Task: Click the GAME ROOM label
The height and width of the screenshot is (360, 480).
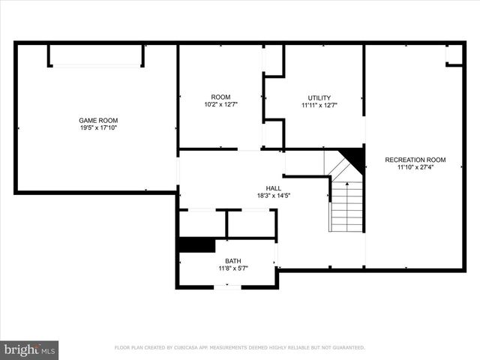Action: [x=98, y=120]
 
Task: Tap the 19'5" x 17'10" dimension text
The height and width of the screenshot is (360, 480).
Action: [x=98, y=127]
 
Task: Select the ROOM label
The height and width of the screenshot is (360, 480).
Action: [x=220, y=97]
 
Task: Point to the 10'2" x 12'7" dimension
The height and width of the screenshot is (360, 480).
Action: [x=220, y=104]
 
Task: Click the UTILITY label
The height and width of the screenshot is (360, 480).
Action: [x=319, y=97]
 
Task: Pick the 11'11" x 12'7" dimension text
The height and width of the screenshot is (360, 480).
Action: [x=319, y=105]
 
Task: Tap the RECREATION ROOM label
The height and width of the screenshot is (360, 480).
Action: [x=415, y=160]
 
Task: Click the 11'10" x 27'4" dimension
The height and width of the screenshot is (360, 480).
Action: [x=415, y=167]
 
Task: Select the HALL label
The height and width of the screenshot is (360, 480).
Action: [x=274, y=188]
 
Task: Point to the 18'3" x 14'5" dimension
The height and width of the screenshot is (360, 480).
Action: [x=274, y=196]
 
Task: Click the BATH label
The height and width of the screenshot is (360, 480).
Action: [x=233, y=261]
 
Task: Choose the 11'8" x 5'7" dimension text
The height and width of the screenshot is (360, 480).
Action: [x=233, y=268]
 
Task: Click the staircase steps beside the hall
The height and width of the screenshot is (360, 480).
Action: [x=347, y=206]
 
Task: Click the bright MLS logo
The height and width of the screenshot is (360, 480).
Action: [x=28, y=349]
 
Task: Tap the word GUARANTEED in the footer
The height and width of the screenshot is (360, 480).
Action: [x=346, y=348]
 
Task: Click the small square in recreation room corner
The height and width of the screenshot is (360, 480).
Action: [x=454, y=55]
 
